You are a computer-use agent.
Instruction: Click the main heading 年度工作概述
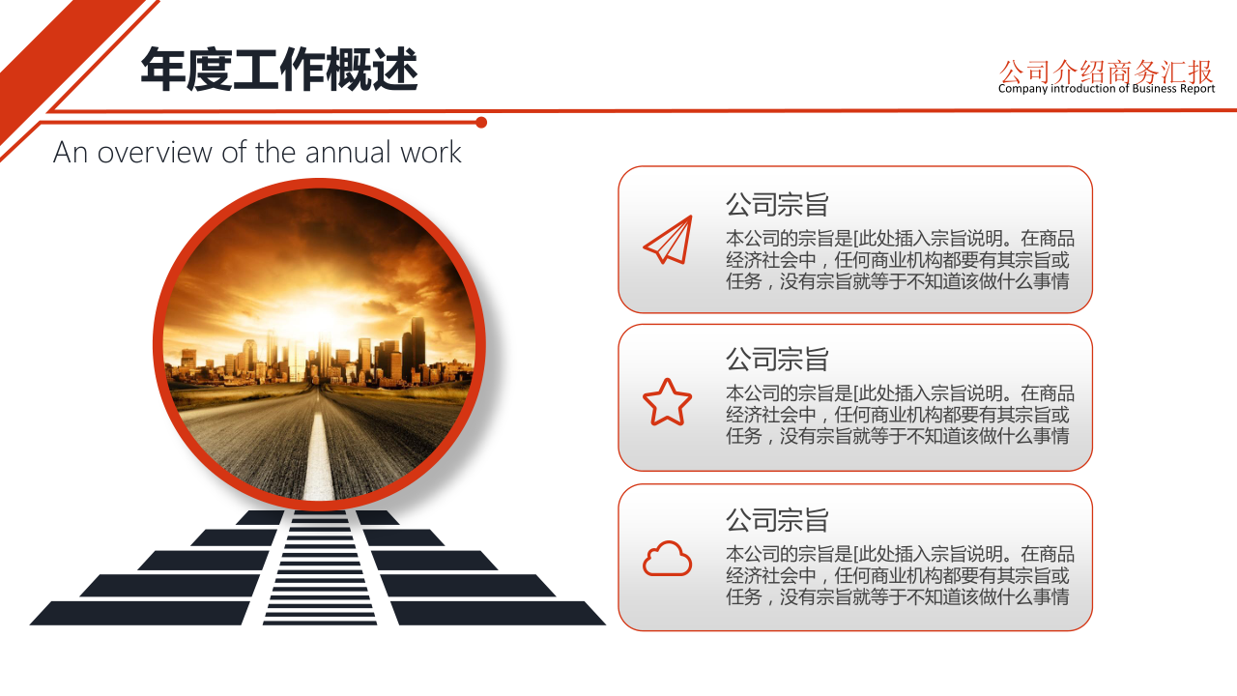(x=279, y=69)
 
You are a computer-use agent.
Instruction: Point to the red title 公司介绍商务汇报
(x=1107, y=72)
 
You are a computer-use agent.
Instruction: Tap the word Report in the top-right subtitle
(x=1197, y=89)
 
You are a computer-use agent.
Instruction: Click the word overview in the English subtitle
(x=155, y=153)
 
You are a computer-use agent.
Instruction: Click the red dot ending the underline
(x=481, y=123)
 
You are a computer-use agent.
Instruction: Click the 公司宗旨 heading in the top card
(x=777, y=204)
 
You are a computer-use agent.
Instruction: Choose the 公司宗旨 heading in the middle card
(x=777, y=359)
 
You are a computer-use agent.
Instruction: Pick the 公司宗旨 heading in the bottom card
(x=777, y=520)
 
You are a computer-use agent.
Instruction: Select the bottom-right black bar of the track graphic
(x=499, y=613)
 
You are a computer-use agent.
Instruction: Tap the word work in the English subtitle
(x=431, y=152)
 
